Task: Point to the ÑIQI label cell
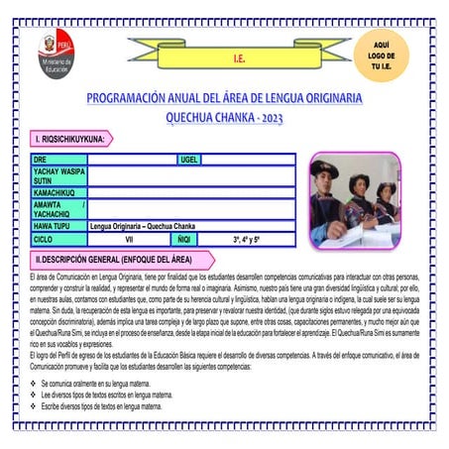184,240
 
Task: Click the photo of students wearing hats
354,200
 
